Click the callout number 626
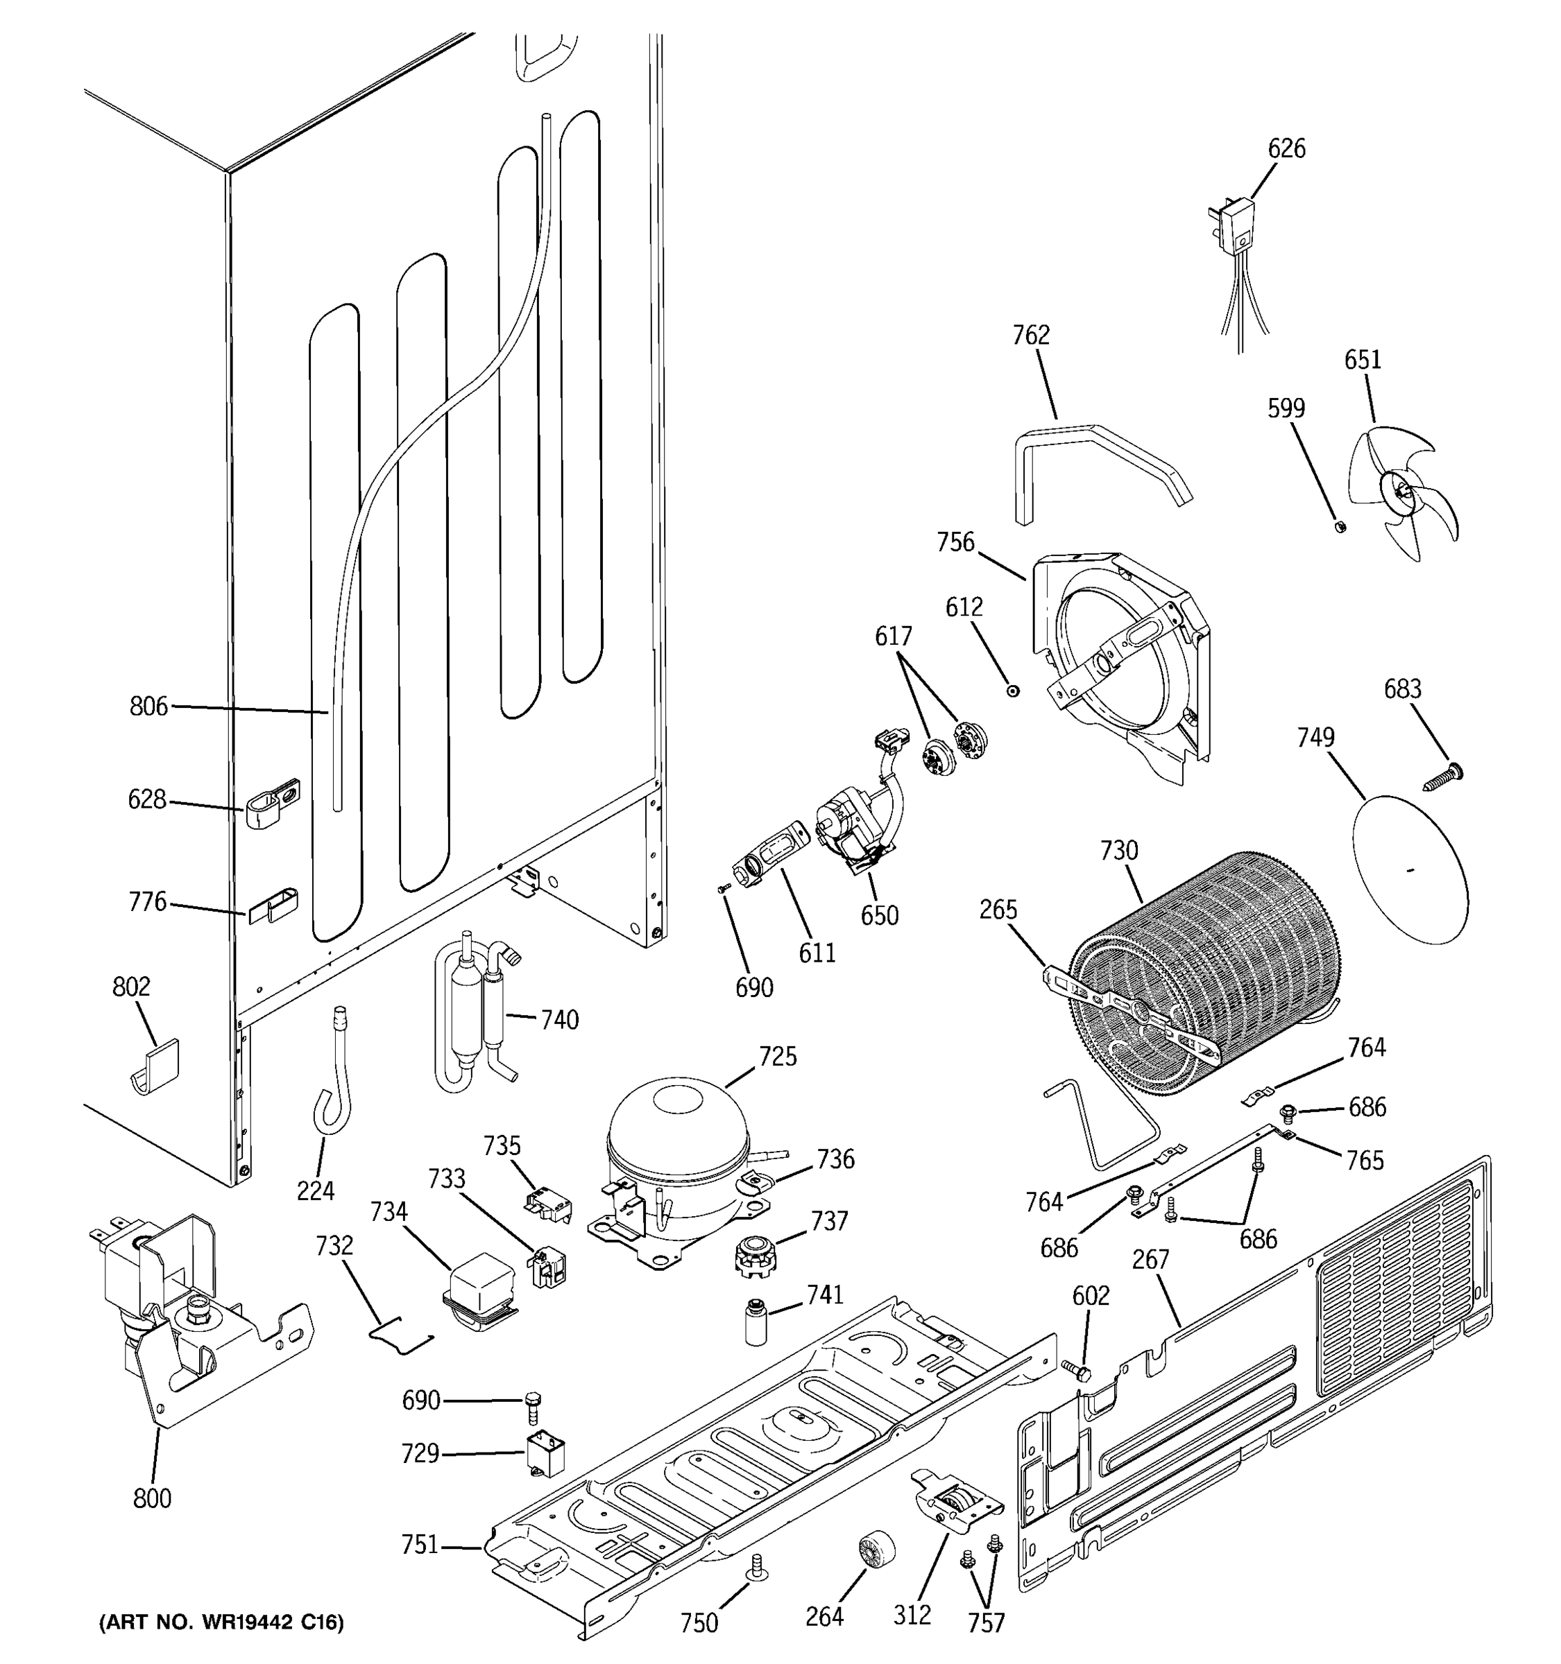pos(1286,149)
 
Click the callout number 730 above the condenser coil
pos(1119,851)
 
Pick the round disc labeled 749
pos(1410,871)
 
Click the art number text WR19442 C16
pos(221,1623)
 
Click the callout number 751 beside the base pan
pos(420,1543)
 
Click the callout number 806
pos(148,707)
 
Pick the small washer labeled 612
pos(1014,691)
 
